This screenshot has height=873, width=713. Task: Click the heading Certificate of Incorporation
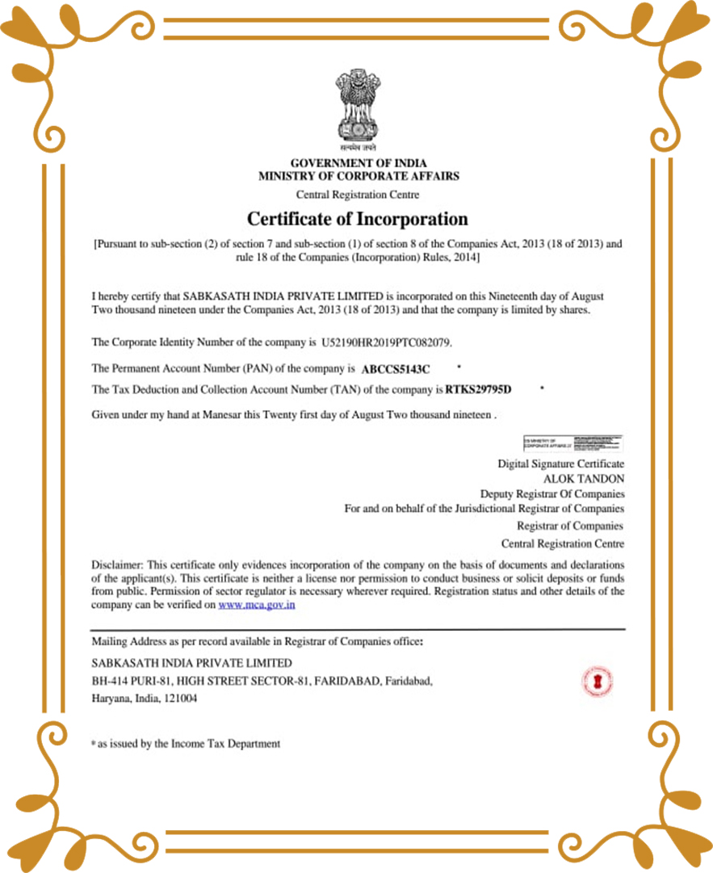click(357, 219)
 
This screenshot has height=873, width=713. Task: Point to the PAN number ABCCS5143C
click(396, 369)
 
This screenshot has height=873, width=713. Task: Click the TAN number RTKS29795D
click(479, 390)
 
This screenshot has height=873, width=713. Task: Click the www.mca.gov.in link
click(256, 604)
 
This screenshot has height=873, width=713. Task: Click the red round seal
click(597, 682)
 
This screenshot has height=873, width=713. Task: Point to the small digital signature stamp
click(572, 443)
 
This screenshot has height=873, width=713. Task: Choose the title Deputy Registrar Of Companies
click(552, 493)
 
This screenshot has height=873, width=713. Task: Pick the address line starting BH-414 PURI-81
click(262, 681)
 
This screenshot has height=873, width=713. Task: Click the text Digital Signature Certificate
click(560, 464)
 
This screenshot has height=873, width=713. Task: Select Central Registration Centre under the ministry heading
click(358, 195)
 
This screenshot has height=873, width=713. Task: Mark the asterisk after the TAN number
click(542, 388)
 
